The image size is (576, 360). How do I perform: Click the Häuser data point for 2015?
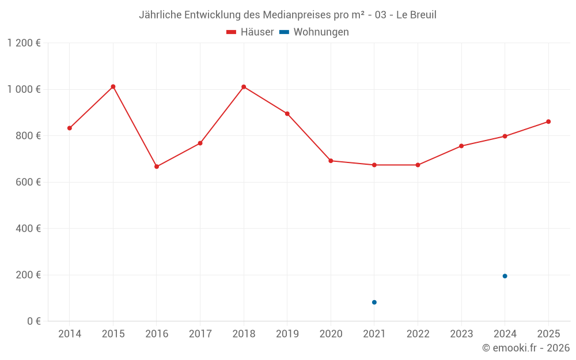tap(113, 86)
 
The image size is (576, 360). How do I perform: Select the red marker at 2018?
tap(244, 87)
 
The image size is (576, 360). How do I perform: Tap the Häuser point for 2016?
tap(157, 166)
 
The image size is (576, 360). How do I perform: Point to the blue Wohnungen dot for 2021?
tap(374, 302)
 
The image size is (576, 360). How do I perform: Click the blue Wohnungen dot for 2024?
tap(505, 276)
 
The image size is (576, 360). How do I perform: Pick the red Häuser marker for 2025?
tap(548, 122)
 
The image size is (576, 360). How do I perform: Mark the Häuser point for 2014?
tap(70, 128)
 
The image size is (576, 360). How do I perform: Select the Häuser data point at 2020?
tap(331, 161)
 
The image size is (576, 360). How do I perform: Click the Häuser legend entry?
tap(250, 32)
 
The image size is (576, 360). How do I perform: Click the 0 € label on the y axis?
tap(32, 321)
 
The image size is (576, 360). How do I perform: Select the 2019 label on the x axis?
tap(287, 334)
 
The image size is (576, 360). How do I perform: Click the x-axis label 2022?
tap(418, 334)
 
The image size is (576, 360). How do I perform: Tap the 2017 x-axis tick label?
tap(200, 334)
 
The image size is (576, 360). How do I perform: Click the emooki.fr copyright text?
tap(526, 348)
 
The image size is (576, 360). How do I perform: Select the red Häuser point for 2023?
tap(461, 146)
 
